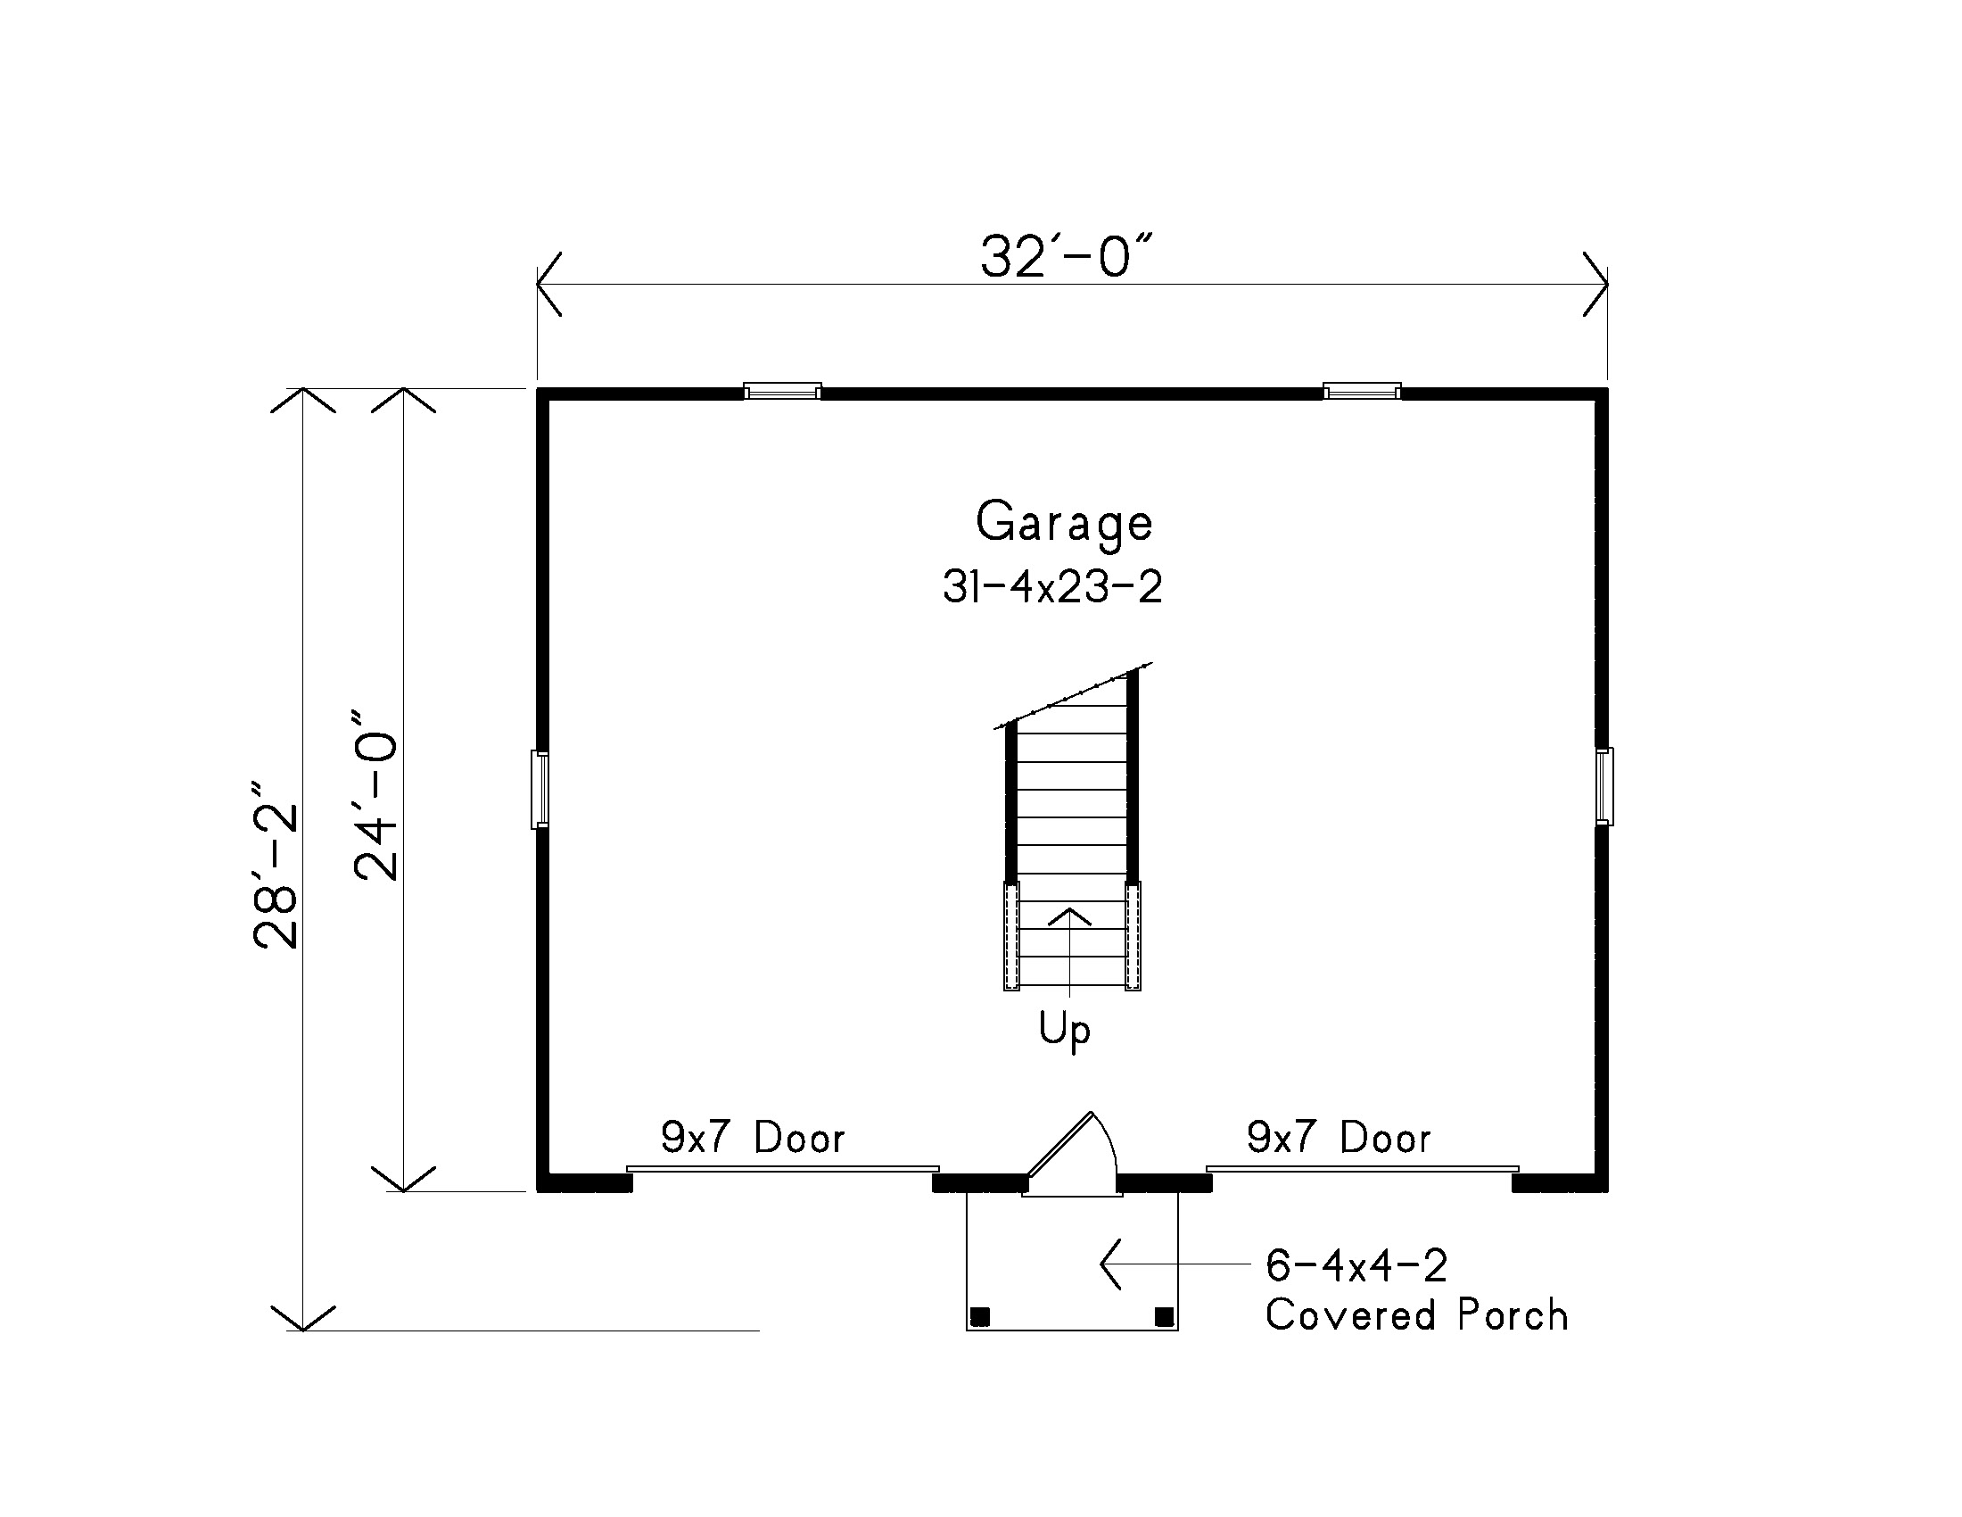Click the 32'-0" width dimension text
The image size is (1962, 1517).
tap(1066, 257)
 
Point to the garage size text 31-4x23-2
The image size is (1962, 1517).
tap(1052, 588)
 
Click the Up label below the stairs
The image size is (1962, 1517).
tap(1065, 1030)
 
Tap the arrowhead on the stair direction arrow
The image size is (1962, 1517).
tap(1069, 916)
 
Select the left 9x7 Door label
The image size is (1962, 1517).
tap(753, 1138)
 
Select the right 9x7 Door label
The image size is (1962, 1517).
tap(1339, 1138)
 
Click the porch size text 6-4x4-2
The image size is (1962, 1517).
tap(1356, 1265)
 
